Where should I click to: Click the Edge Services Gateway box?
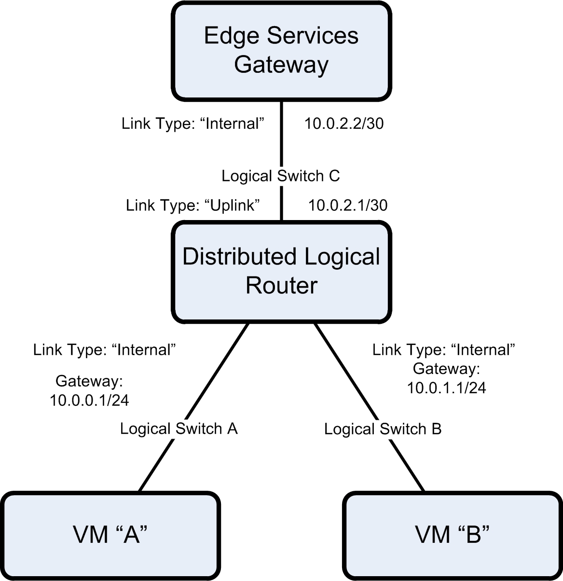(x=281, y=50)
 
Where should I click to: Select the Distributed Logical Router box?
(x=281, y=271)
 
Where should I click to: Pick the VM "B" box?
(x=452, y=535)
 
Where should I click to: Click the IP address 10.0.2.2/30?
(x=344, y=124)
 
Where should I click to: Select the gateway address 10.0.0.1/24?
(x=89, y=400)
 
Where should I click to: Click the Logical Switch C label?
(x=281, y=176)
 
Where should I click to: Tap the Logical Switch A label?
(x=179, y=429)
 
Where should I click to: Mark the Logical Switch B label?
(x=383, y=429)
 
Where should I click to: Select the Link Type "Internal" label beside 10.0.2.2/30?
(x=194, y=124)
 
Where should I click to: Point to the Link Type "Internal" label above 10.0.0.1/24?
(x=104, y=349)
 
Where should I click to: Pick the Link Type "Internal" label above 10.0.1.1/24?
(x=444, y=349)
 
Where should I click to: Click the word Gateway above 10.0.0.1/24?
(x=89, y=381)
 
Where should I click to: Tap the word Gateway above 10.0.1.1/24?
(x=446, y=369)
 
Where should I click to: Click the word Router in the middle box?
(x=281, y=285)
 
